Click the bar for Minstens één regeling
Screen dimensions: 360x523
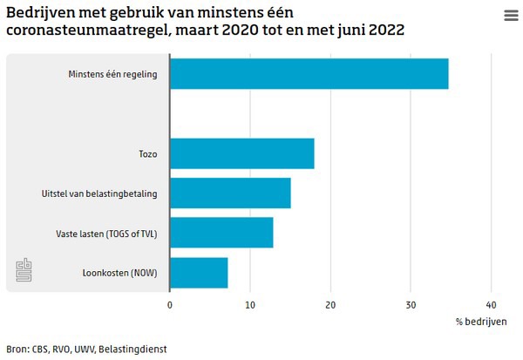(x=309, y=74)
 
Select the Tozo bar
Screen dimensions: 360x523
(x=241, y=153)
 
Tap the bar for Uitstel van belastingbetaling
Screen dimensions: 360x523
(x=230, y=194)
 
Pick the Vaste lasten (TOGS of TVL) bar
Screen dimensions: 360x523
(x=221, y=233)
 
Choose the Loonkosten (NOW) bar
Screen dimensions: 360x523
(x=199, y=273)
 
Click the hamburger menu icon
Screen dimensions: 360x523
(x=511, y=16)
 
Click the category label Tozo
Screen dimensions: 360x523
(x=147, y=153)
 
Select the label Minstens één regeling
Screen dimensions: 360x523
(x=112, y=74)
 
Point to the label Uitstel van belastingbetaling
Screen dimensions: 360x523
(x=99, y=194)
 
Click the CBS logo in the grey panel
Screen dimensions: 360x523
(x=24, y=270)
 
